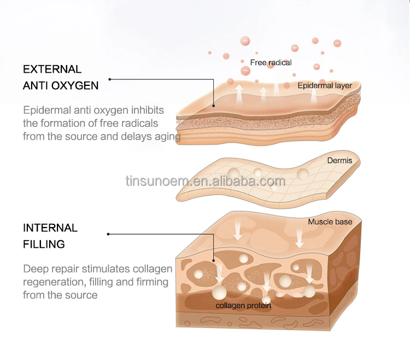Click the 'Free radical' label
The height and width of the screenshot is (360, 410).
point(271,62)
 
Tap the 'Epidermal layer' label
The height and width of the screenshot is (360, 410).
point(325,85)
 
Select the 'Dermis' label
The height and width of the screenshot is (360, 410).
point(339,160)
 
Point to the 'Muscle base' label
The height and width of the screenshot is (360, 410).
point(330,222)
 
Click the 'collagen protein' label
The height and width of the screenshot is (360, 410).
point(243,306)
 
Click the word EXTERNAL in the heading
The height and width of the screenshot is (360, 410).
point(52,69)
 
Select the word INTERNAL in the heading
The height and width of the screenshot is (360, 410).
point(50,228)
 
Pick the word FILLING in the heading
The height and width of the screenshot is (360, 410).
point(44,245)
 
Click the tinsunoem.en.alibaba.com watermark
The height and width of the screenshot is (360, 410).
point(206,181)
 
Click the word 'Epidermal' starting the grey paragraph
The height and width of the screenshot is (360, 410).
point(47,111)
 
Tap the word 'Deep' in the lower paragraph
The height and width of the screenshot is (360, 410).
point(34,269)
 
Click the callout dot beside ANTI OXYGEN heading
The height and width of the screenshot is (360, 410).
point(110,79)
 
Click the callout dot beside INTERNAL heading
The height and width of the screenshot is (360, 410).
point(108,234)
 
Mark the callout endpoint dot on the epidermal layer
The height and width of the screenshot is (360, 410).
point(214,106)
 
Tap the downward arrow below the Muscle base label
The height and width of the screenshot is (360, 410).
point(300,237)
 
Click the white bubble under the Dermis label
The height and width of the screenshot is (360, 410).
point(303,174)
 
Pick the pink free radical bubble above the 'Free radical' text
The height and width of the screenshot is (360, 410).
point(245,41)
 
